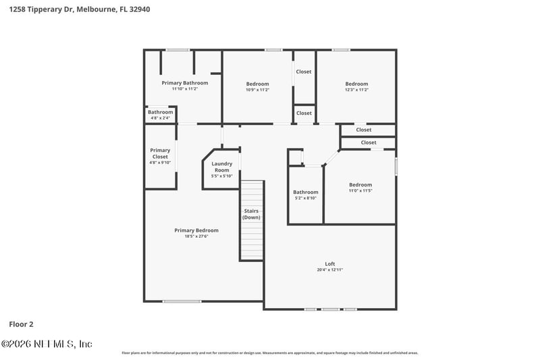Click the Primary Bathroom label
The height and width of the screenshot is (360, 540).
coord(185,82)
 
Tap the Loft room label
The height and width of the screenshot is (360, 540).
coord(329,263)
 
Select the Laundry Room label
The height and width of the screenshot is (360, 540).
coord(222,167)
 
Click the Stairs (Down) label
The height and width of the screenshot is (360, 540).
coord(252,214)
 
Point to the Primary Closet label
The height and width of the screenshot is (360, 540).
coord(160,153)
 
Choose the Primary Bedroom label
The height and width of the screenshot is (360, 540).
coord(196,230)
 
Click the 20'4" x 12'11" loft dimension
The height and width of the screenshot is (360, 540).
coord(329,269)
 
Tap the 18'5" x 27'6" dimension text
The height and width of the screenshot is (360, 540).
coord(196,236)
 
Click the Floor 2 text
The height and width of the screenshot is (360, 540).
coord(21,324)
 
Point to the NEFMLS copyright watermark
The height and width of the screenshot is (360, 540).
coord(47,344)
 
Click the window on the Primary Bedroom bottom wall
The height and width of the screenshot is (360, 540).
coord(182,301)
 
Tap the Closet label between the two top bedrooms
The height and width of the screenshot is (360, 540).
coord(304,72)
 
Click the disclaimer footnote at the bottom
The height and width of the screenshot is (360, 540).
coord(269,353)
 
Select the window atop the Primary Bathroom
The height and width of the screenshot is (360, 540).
coord(178,49)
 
